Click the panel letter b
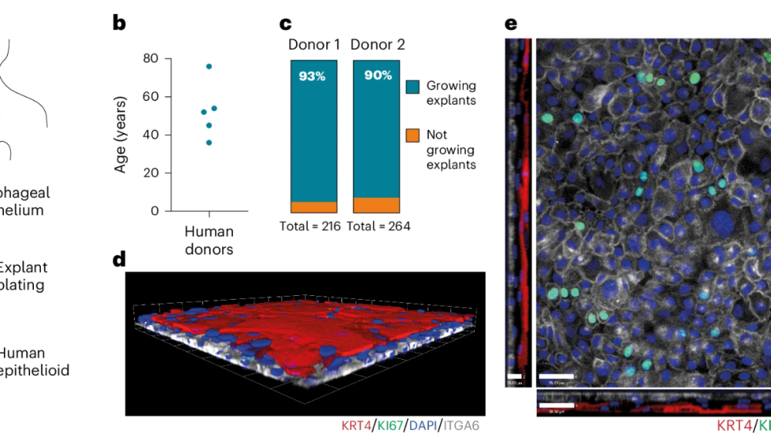[119, 22]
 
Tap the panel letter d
[119, 259]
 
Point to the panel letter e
[510, 22]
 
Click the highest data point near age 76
[209, 66]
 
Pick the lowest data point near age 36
[209, 143]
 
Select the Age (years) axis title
[121, 135]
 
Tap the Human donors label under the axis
[209, 240]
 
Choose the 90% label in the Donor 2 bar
[376, 77]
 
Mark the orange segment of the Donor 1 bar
[314, 206]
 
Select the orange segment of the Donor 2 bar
[376, 204]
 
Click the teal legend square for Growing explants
[412, 87]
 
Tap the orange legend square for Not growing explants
[412, 136]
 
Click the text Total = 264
[377, 226]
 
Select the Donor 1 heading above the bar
[314, 45]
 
